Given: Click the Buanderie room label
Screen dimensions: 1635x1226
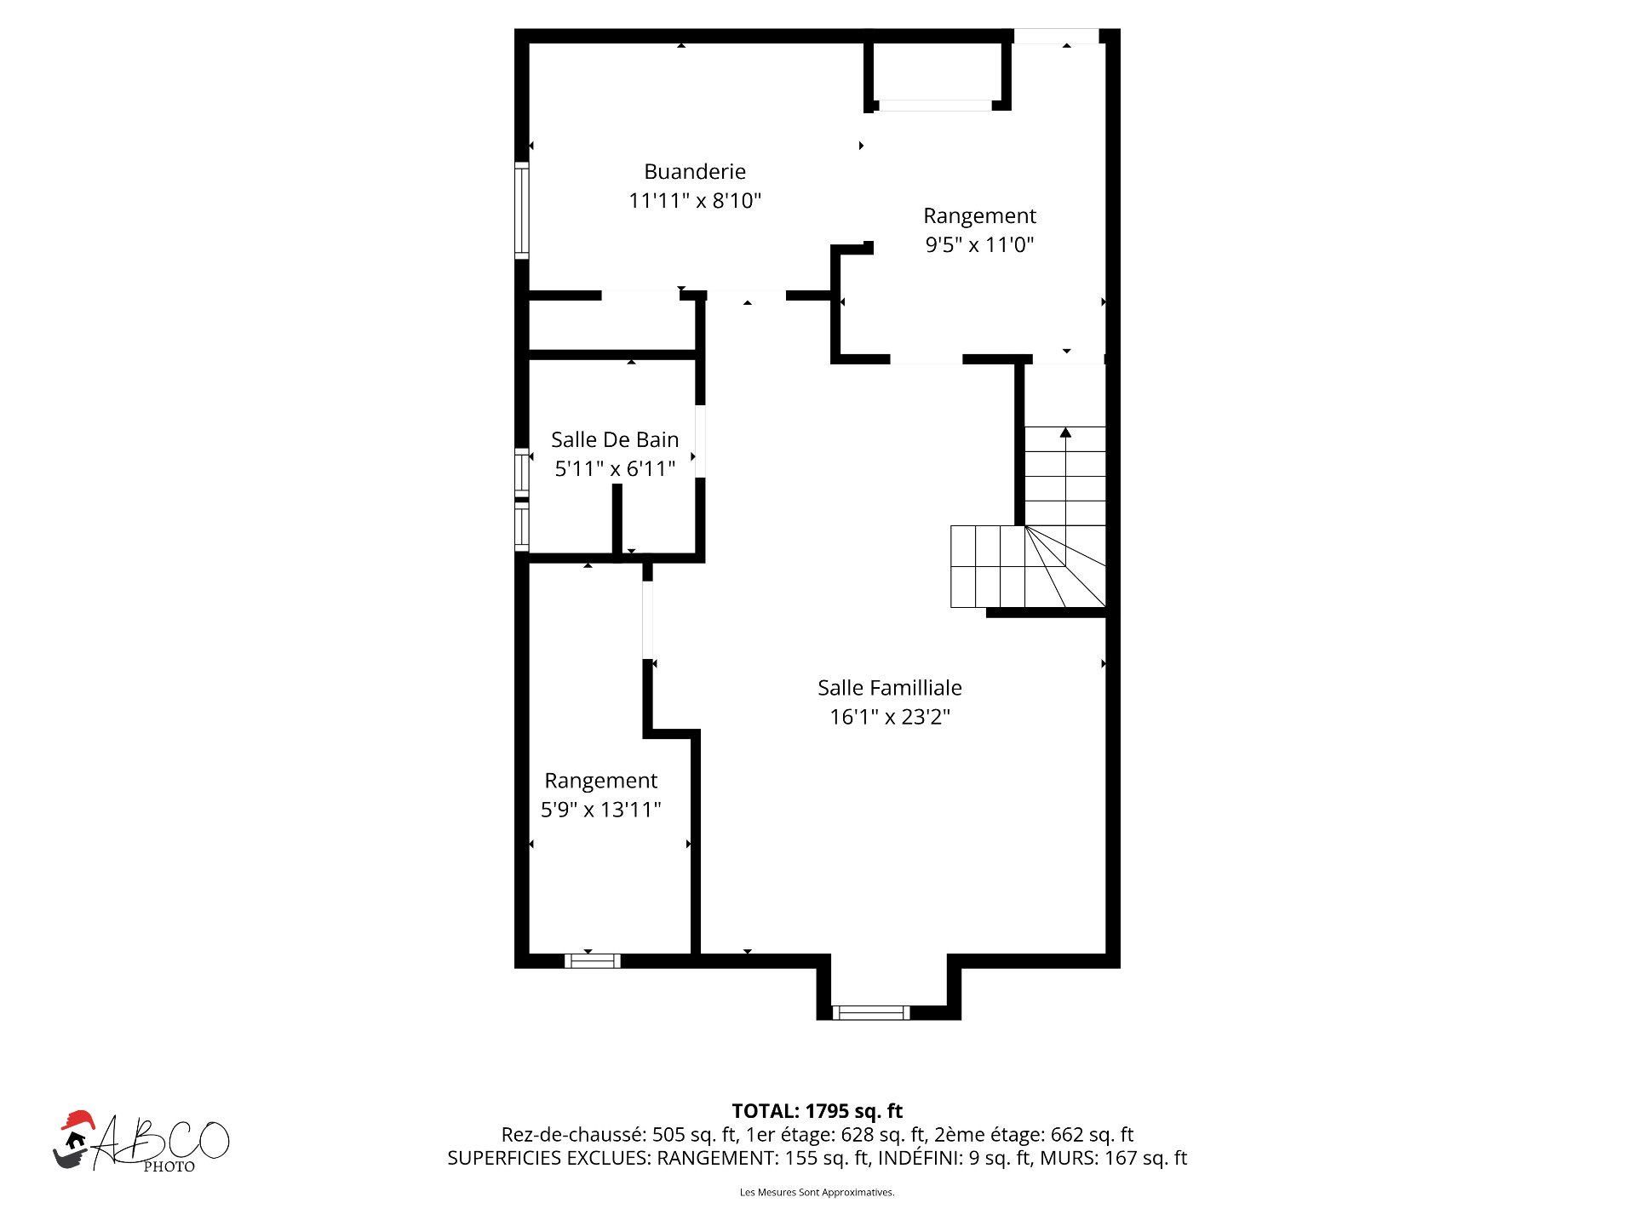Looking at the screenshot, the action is coord(695,172).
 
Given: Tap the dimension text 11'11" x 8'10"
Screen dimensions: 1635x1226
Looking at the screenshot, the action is coord(695,201).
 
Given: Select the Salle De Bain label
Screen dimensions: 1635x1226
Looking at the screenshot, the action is coord(615,440).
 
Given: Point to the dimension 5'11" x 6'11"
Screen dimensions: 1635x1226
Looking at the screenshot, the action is coord(615,469).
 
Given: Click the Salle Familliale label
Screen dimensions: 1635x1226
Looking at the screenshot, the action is coord(890,688).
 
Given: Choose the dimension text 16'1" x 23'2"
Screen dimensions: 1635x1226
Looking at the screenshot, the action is coord(890,717).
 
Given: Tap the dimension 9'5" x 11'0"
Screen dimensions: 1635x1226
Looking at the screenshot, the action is coord(979,245).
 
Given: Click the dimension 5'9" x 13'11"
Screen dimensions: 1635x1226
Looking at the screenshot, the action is coord(601,810).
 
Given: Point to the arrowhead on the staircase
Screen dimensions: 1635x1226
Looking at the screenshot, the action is coord(1065,433).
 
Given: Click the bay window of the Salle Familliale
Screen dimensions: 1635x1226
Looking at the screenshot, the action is coord(870,1012).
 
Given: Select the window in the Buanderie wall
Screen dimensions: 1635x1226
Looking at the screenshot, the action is coord(522,209).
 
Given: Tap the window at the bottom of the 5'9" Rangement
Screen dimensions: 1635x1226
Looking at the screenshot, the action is coord(593,961).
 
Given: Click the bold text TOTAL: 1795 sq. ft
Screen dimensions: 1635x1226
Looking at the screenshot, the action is coord(817,1111).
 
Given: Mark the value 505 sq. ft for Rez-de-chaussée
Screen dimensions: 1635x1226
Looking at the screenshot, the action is coord(694,1135).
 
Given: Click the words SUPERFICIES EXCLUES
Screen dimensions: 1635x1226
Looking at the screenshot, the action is coord(548,1158).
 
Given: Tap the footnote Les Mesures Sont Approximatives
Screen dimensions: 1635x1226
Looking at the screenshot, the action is coord(817,1192).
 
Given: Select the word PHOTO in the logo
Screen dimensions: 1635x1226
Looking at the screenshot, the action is coord(169,1166).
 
